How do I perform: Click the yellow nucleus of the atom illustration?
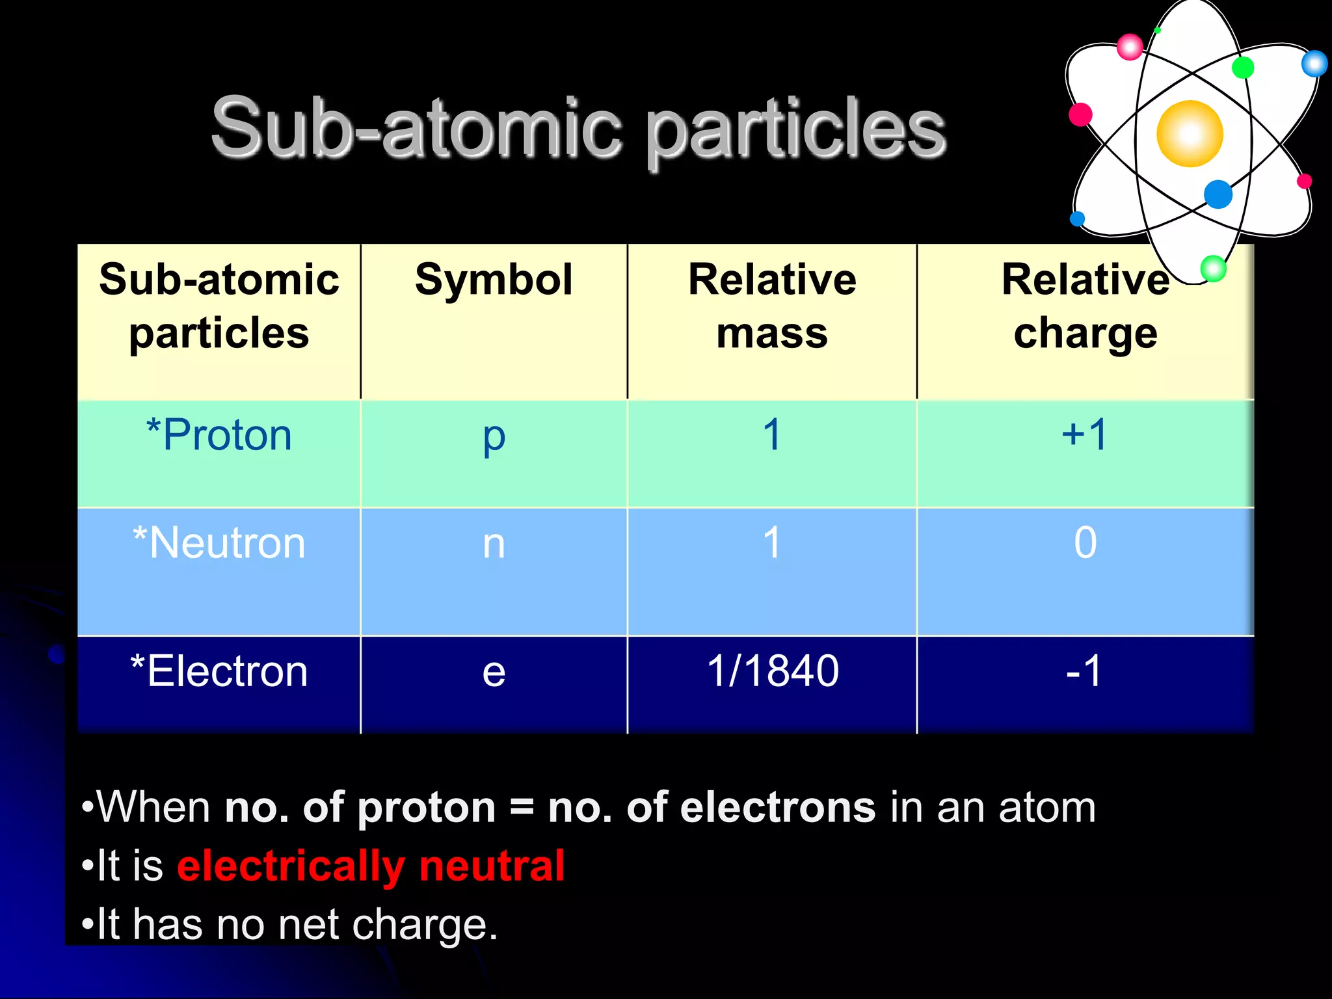tap(1190, 134)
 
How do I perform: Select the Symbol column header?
tap(494, 280)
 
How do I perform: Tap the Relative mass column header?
tap(772, 306)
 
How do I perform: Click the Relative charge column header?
tap(1085, 306)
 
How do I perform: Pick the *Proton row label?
tap(219, 434)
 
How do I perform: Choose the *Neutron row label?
tap(219, 542)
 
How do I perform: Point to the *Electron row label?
tap(219, 671)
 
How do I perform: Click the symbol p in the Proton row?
tap(494, 437)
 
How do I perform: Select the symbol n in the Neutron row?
tap(494, 544)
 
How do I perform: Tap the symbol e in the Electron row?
tap(494, 672)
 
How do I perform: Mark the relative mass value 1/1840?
tap(773, 671)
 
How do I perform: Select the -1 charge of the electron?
tap(1084, 671)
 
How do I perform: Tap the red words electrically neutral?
tap(371, 866)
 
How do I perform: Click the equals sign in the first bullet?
tap(522, 808)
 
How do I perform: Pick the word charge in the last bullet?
tap(424, 925)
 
